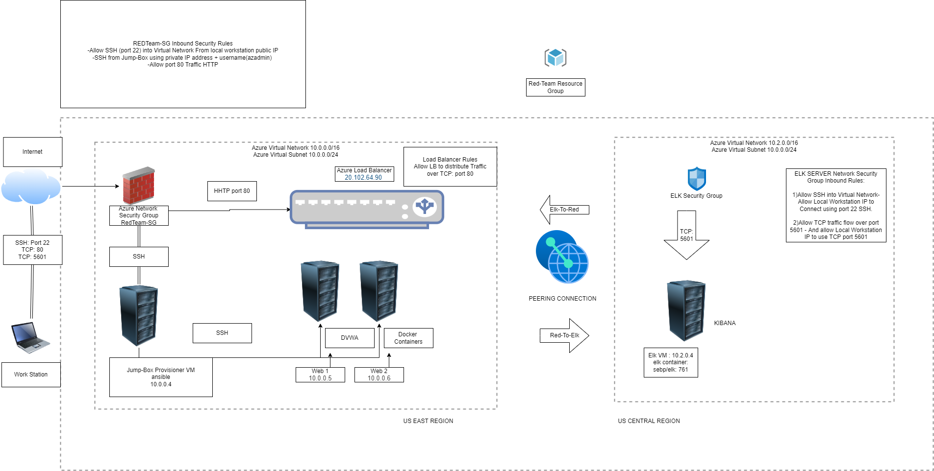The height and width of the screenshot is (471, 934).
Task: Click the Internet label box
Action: coord(32,152)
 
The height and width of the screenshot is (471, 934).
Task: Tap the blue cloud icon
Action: coord(30,187)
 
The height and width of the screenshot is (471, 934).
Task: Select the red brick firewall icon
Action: coord(138,186)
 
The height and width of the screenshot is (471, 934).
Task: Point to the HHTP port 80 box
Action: coord(232,191)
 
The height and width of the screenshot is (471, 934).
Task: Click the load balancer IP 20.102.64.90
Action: coord(363,178)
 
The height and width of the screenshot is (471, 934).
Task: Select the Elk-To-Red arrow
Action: coord(564,210)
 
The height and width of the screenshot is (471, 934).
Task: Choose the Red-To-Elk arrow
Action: coord(564,335)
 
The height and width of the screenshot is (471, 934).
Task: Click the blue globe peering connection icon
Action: coord(562,257)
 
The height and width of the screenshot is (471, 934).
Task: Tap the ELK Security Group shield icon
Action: coord(696,179)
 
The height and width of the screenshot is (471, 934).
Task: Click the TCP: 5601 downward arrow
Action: coord(686,235)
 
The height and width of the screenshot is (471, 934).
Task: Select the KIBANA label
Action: coord(725,323)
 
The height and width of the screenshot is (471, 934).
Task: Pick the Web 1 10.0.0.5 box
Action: coord(320,375)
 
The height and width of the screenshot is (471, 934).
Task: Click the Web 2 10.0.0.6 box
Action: coord(379,375)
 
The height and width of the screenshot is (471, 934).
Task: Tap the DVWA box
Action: coord(350,338)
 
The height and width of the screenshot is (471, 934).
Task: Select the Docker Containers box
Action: coord(408,338)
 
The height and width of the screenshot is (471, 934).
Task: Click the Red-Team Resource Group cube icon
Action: coord(555,58)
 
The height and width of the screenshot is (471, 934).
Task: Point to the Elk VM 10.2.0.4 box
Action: coord(671,362)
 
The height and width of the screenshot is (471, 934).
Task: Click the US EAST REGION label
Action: coord(428,421)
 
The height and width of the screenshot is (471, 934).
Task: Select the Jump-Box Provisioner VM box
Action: coord(161,377)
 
